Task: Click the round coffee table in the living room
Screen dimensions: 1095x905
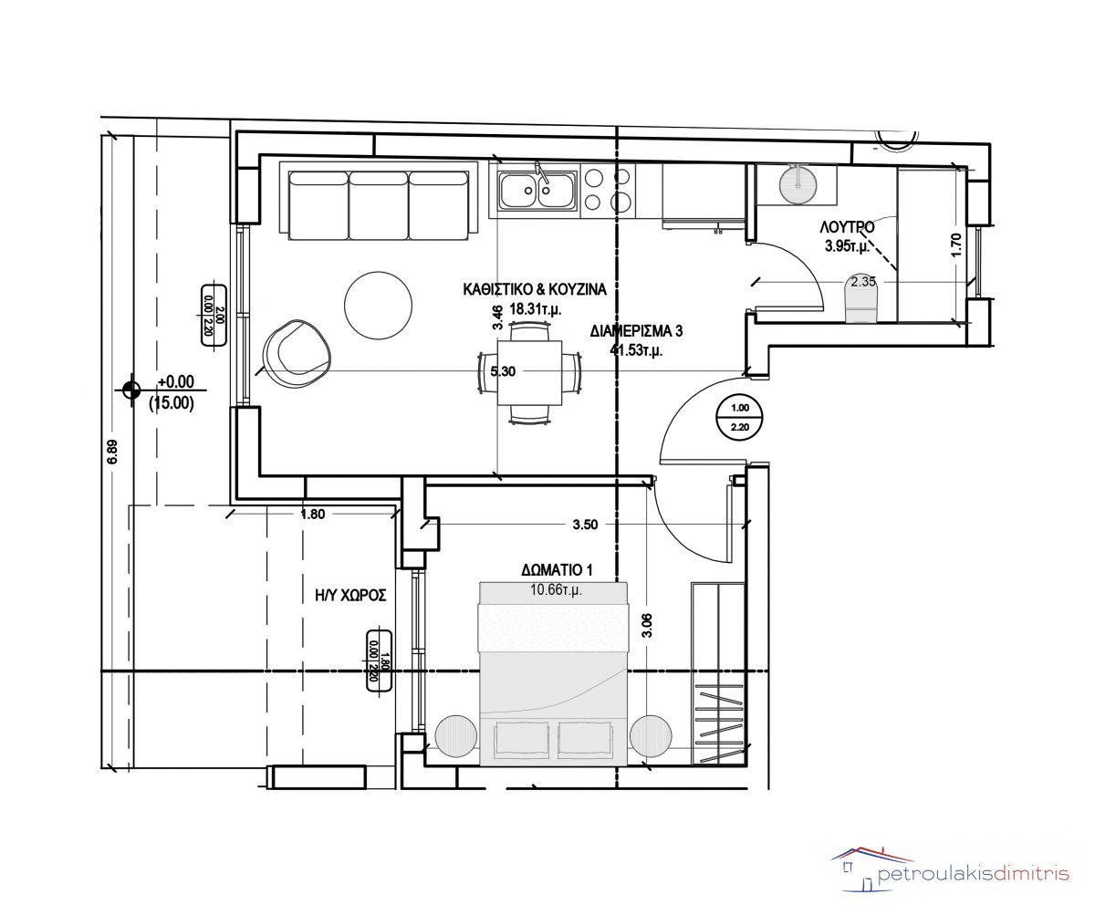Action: coord(378,305)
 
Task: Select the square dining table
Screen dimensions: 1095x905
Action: coord(529,373)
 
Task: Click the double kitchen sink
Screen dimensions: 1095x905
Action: coord(537,191)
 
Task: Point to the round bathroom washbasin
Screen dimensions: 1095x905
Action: coord(798,183)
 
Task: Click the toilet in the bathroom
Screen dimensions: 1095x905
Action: coord(861,300)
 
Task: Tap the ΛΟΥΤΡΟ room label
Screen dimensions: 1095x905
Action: coord(847,227)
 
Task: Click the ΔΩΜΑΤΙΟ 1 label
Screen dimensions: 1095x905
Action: coord(557,569)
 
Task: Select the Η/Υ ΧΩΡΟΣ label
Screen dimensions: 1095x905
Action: coord(350,595)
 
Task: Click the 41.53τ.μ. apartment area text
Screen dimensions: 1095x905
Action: coord(636,349)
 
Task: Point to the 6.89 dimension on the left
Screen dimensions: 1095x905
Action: coord(112,452)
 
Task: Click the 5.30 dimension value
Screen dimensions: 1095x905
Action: coord(503,371)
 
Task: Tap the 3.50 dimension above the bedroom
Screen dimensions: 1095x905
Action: coord(585,525)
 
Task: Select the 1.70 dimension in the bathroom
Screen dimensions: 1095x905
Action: coord(955,244)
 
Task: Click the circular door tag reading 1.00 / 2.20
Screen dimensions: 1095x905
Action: coord(739,417)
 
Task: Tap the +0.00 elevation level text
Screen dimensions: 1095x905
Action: coord(176,381)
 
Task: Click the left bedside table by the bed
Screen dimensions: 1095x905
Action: coord(456,735)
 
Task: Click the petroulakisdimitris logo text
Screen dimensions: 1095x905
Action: coord(974,874)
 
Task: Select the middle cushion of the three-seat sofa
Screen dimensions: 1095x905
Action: coord(378,205)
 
